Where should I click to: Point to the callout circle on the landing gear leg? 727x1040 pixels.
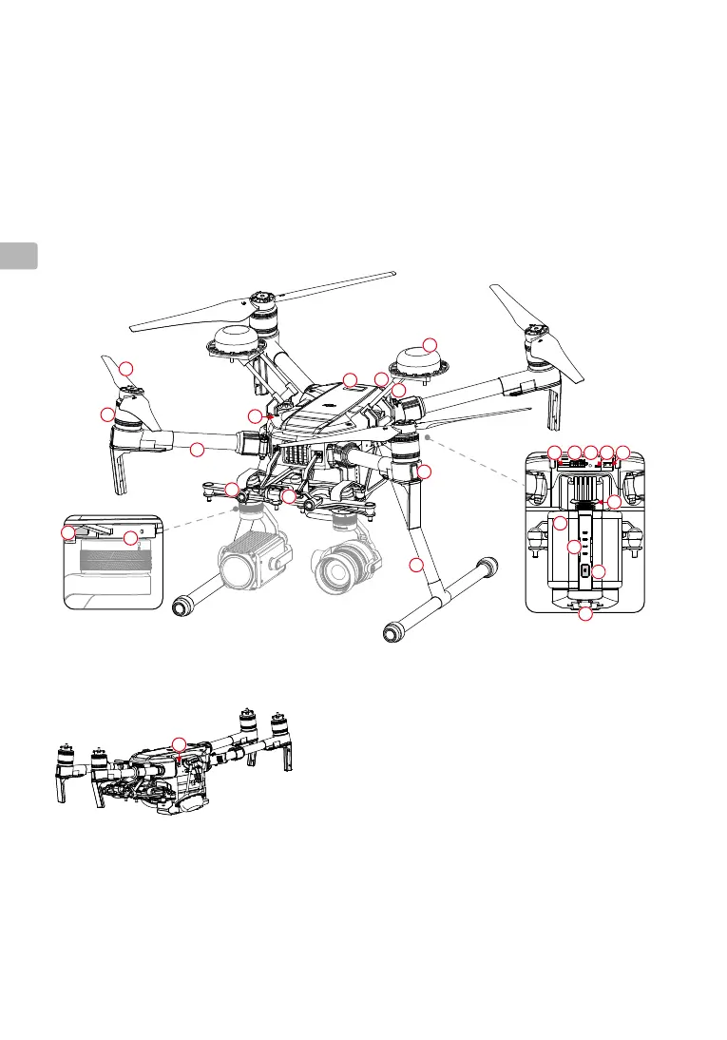tap(415, 567)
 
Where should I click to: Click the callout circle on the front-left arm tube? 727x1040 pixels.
tap(197, 449)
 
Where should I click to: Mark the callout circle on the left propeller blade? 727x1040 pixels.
tap(125, 369)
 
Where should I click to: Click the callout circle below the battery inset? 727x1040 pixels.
tap(585, 616)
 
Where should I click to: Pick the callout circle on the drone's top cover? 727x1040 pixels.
tap(350, 380)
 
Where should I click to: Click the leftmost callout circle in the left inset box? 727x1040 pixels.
tap(68, 534)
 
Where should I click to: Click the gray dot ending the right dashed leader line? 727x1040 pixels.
tap(429, 435)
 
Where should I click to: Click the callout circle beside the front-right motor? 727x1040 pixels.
tap(425, 472)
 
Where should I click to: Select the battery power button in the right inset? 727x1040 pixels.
tap(584, 571)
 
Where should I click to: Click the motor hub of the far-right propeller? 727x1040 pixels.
tap(539, 339)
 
